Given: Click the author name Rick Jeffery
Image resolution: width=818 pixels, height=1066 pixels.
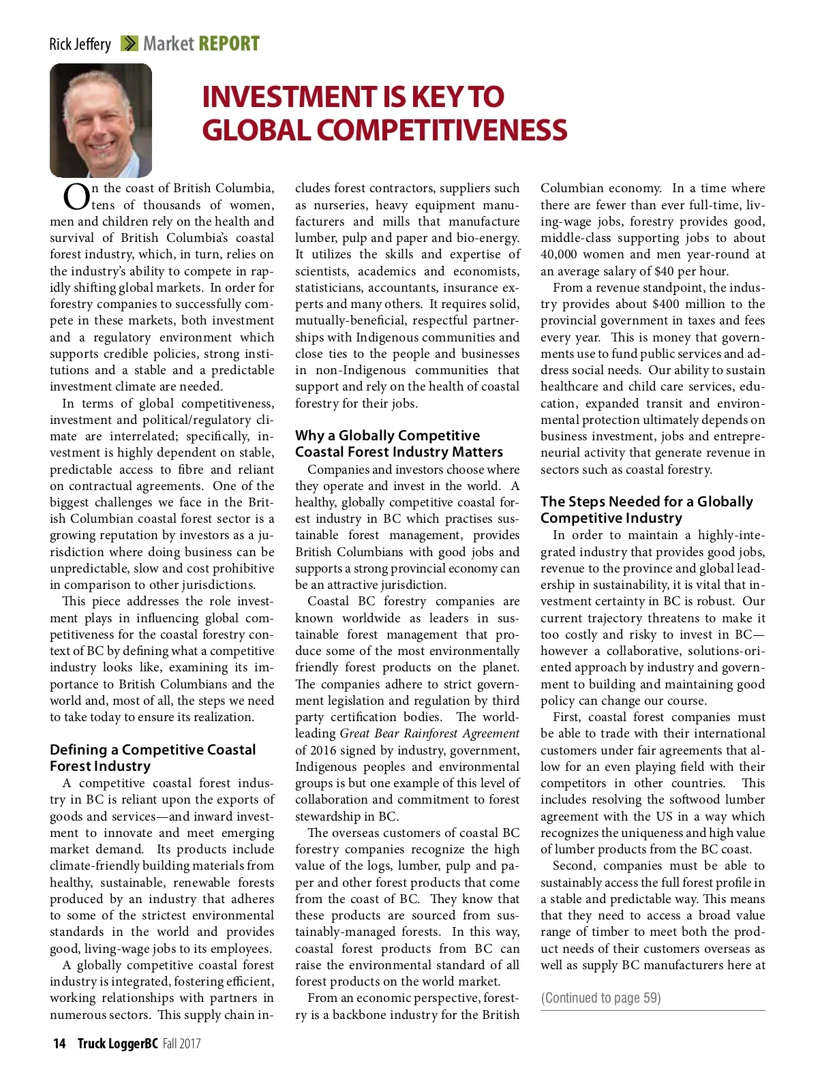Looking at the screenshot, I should coord(80,44).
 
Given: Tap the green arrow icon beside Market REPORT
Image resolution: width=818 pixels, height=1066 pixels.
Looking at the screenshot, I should coord(129,44).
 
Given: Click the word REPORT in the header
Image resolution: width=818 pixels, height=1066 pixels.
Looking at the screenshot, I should coord(229,44).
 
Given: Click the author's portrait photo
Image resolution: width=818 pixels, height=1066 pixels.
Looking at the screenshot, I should coord(101,121).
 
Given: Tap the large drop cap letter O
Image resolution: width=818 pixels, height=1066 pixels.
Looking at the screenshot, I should coord(76,197).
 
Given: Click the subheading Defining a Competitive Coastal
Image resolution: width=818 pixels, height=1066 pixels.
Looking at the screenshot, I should coord(153,750).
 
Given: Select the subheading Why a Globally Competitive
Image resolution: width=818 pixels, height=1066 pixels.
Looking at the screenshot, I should coord(387,436).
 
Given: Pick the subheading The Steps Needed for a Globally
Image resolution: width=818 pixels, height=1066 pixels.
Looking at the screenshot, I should coord(646,502).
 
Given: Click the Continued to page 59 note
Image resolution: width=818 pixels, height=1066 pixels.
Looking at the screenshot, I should coord(601,998).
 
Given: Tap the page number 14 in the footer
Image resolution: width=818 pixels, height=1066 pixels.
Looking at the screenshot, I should coord(59,1044).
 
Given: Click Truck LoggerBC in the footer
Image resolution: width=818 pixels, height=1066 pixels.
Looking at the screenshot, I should coord(117,1044).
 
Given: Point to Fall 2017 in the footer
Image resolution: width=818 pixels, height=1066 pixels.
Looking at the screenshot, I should coord(182,1044).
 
